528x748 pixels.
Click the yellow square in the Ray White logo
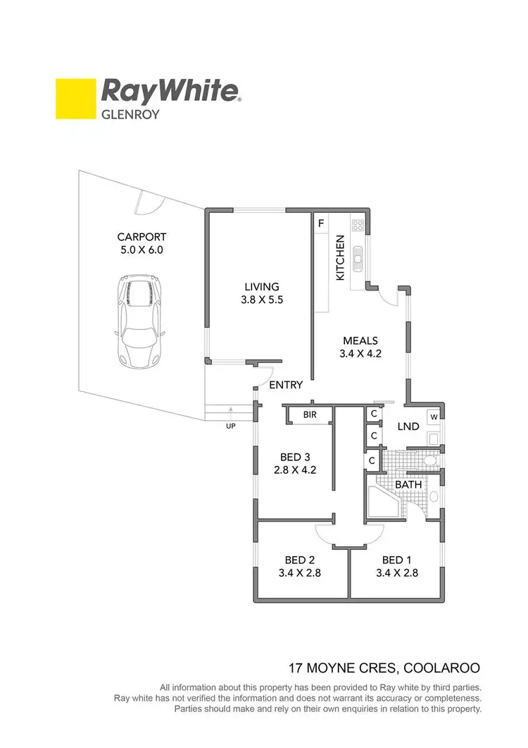tap(76, 99)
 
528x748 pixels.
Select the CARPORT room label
tap(142, 238)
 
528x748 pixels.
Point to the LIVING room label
tap(262, 287)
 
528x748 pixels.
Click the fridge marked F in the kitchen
tap(321, 224)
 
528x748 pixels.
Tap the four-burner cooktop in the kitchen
tap(358, 226)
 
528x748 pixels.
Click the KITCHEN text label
tap(340, 257)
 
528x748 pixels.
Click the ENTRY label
tap(287, 385)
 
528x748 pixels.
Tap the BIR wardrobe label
tap(310, 415)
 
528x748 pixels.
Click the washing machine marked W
tap(434, 417)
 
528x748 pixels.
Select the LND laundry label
tap(408, 427)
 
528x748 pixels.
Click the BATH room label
tap(408, 485)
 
